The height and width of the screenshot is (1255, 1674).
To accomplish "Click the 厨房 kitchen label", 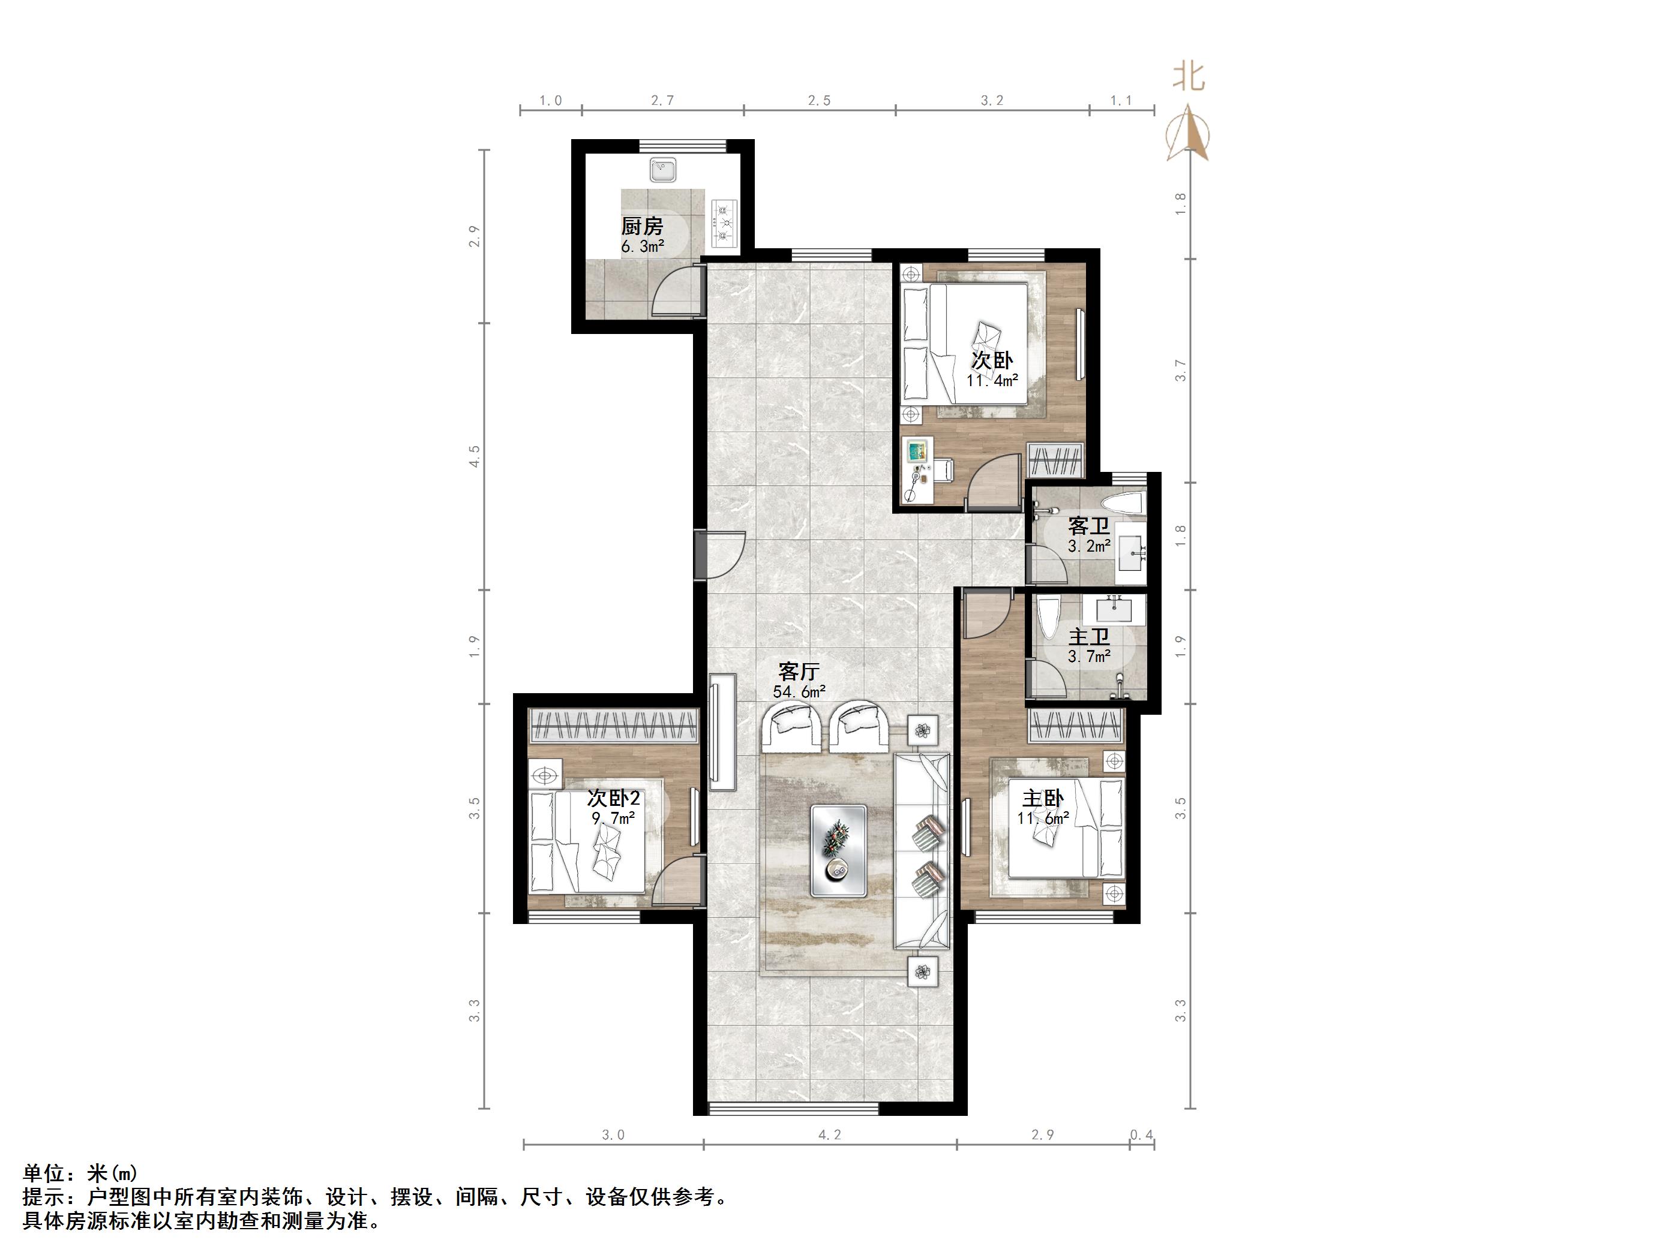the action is coord(642,225).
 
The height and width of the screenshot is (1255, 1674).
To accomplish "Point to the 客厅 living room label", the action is coord(799,671).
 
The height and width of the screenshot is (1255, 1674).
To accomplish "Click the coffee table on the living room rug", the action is coord(839,851).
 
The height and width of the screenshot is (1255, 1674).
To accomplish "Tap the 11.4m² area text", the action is coord(992,381).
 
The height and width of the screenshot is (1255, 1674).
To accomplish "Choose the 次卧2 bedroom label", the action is coord(614,798).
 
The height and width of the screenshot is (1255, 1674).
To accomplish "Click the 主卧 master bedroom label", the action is coord(1043,798).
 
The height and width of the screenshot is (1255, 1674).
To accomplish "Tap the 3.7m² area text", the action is coord(1089,657).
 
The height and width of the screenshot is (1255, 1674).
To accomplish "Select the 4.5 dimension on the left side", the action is coord(475,456).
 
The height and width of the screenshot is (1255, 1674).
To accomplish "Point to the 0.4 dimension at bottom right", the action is coord(1141,1134).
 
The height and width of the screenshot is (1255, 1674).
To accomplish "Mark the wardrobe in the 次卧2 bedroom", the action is coord(613,726).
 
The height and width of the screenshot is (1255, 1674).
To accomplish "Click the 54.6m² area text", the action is coord(799,691).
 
